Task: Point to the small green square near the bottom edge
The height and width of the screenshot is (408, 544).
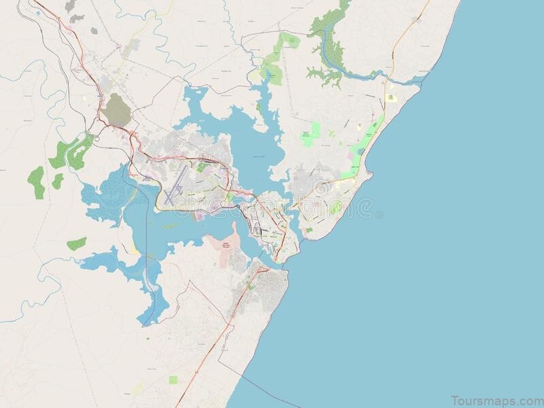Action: click(x=173, y=379)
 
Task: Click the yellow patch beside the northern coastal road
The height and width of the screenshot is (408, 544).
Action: click(x=391, y=98)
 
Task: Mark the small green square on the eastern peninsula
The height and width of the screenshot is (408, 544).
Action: click(x=309, y=230)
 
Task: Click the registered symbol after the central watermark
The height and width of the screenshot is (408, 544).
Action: click(x=379, y=215)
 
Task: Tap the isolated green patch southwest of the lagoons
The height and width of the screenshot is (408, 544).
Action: click(x=77, y=243)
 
